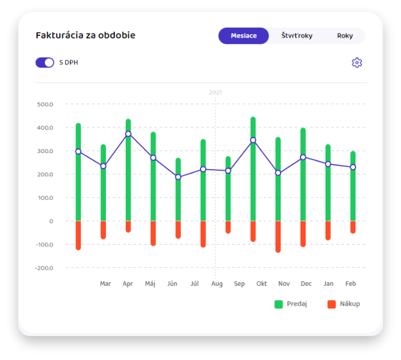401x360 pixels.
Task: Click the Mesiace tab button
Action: coord(244,36)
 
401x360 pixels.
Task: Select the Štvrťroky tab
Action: coord(297,36)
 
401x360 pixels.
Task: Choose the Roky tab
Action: coord(345,36)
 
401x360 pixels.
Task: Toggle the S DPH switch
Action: coord(45,62)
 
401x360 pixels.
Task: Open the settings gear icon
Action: coord(357,63)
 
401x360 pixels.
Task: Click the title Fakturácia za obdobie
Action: coord(86,35)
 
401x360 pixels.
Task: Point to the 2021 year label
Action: coord(215,92)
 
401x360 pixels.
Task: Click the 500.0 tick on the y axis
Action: coord(45,104)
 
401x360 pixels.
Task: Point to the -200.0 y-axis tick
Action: coord(44,268)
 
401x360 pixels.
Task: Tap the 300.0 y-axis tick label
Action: coord(45,151)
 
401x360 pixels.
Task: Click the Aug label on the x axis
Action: coord(217,283)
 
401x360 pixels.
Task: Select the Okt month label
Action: coord(262,283)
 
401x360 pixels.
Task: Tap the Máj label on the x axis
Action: coord(150,283)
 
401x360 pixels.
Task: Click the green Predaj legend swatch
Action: coord(278,304)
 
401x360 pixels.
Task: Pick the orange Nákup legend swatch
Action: coord(332,304)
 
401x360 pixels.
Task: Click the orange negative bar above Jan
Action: coord(328,230)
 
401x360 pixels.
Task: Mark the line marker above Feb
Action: coord(353,167)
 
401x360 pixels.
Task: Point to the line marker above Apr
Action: coord(128,134)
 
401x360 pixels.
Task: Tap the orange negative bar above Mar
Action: coord(104,230)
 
